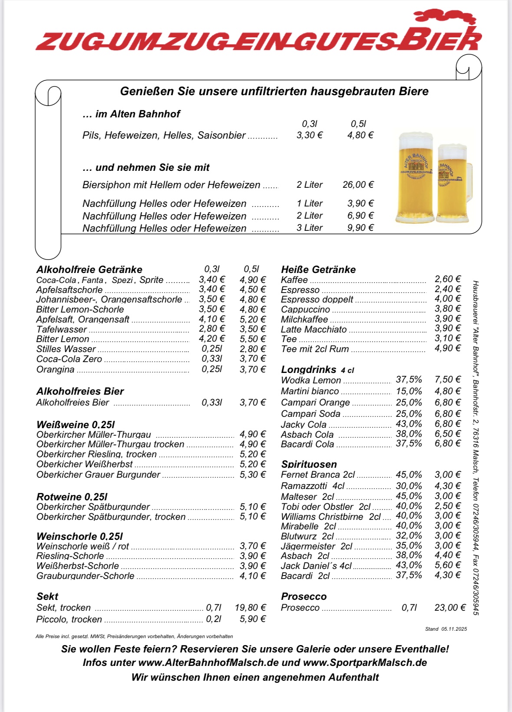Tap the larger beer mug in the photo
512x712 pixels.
click(416, 178)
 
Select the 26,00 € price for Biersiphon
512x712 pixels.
click(358, 185)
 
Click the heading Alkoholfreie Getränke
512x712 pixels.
click(89, 269)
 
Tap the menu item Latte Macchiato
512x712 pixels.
click(314, 329)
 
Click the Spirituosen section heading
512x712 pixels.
click(309, 464)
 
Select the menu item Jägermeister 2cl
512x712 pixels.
click(317, 546)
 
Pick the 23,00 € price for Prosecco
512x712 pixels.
click(449, 608)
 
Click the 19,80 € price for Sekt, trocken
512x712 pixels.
click(250, 608)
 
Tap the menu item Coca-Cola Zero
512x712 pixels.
click(69, 359)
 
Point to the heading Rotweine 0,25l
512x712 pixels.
click(72, 497)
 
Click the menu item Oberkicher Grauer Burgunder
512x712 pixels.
click(98, 475)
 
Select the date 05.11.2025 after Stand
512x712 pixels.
click(454, 629)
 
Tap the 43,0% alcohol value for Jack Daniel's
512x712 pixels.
click(409, 565)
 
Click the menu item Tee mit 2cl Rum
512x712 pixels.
click(315, 349)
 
